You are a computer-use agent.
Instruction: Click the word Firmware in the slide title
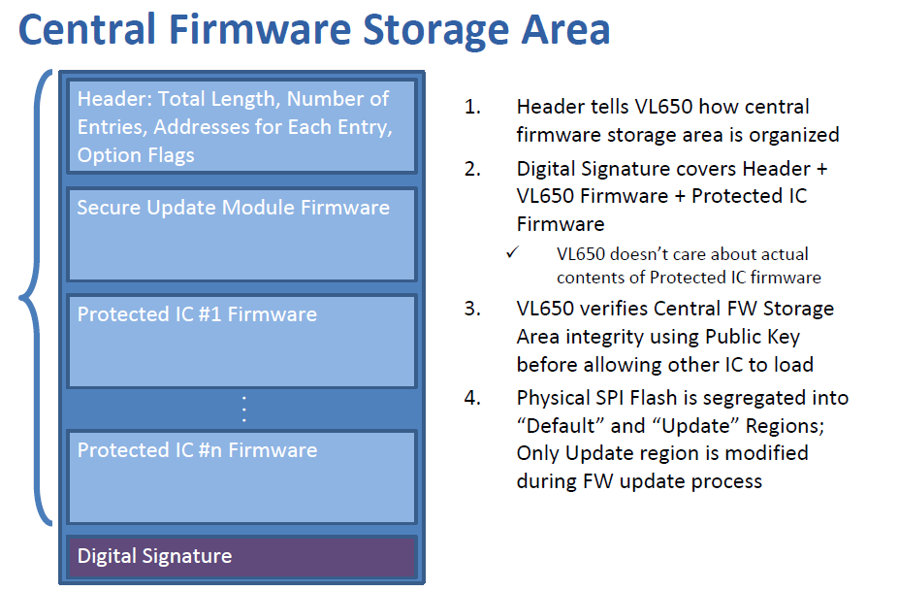260,29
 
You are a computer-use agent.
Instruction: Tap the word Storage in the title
435,30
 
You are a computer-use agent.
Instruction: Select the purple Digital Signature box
241,556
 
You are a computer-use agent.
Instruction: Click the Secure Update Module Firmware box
241,234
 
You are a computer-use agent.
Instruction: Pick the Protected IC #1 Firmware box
241,341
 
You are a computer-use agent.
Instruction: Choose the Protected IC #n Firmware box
241,476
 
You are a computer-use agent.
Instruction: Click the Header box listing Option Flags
241,126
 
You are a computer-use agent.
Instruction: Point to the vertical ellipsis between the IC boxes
243,410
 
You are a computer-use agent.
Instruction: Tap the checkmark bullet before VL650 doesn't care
512,252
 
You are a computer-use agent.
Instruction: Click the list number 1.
472,107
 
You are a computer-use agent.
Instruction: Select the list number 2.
472,169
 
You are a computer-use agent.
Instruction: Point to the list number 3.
472,309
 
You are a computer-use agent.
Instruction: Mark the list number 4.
472,398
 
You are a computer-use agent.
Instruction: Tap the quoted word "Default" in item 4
561,426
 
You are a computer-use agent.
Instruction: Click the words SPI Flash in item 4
642,398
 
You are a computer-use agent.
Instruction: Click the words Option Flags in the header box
136,155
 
